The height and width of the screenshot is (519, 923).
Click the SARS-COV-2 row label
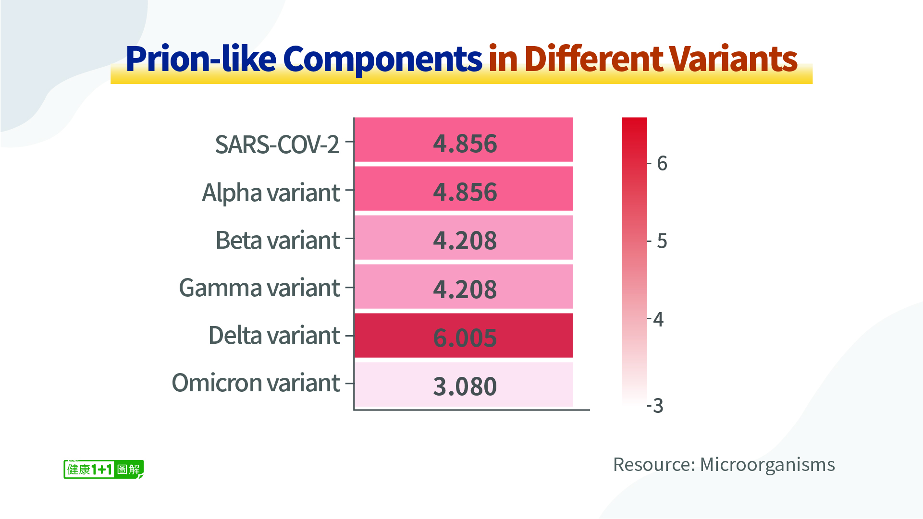pos(277,144)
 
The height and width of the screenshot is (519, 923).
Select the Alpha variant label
pos(271,193)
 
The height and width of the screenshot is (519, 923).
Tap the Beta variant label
pos(278,240)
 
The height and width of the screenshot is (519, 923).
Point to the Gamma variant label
pos(259,288)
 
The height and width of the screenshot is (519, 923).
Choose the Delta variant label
pos(274,335)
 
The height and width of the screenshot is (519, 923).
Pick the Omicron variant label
pos(256,383)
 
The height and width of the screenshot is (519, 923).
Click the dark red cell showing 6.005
pos(464,336)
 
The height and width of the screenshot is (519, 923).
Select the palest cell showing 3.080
pos(464,385)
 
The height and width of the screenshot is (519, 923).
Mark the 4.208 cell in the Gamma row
pos(464,287)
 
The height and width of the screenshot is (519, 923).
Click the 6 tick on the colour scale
pos(662,164)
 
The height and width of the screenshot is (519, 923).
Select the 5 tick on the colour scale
pos(662,241)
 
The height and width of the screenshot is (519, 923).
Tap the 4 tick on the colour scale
pos(658,319)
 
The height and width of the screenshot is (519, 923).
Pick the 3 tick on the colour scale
pos(658,406)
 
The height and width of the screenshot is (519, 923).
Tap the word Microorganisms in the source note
pos(767,465)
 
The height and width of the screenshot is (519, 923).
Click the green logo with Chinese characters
pos(103,469)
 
